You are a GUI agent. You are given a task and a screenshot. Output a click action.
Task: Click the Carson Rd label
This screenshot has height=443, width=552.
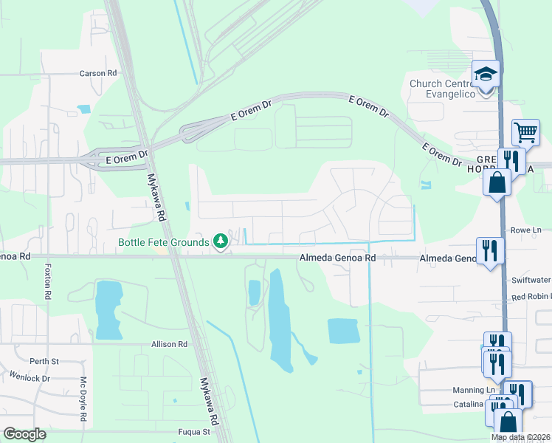pos(99,74)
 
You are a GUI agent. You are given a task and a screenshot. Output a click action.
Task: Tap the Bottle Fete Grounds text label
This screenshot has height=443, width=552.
pos(164,242)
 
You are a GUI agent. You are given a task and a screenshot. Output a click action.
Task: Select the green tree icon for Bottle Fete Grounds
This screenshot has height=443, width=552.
pos(220,241)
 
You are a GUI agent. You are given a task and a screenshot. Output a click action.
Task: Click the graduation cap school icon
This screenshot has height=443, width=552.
pos(486,75)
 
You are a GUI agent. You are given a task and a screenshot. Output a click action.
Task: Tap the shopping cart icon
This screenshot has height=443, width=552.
pos(525,133)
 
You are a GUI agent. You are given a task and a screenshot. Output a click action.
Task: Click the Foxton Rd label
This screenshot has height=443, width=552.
pos(48,281)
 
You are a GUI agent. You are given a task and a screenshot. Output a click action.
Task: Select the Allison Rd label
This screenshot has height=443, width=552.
pos(170,344)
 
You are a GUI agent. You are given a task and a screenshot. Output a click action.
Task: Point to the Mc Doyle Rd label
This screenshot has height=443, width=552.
pos(83,401)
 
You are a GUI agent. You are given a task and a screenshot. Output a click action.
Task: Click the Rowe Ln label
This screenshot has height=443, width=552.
pos(527,230)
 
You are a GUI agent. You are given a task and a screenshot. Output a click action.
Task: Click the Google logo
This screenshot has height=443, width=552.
pos(24,434)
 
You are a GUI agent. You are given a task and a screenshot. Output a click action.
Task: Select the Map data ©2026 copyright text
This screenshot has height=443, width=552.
pos(520,437)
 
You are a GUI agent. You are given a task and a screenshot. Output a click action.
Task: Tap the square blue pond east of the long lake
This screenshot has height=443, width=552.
pos(343,332)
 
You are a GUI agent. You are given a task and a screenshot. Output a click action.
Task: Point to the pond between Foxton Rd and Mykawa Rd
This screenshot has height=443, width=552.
pos(108,309)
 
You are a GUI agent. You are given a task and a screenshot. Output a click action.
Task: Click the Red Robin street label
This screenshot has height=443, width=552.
pos(531,296)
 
